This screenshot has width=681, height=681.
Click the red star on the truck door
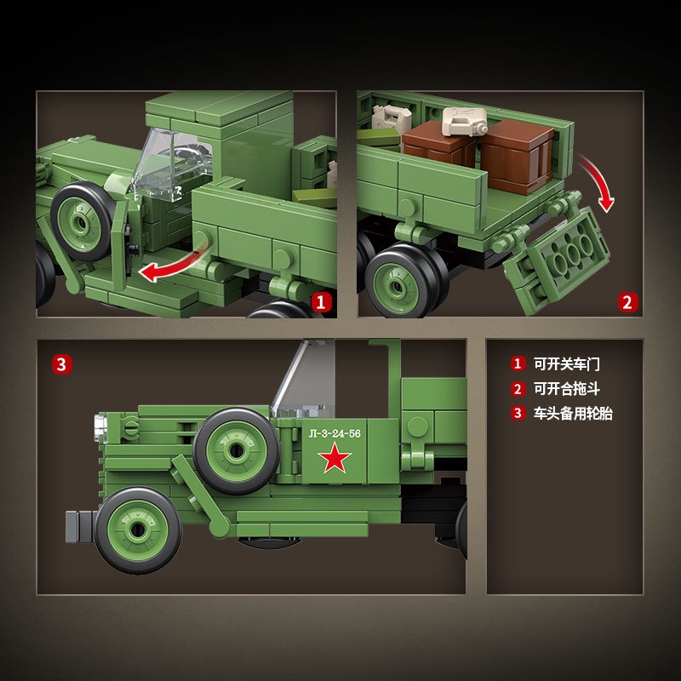pyautogui.click(x=335, y=461)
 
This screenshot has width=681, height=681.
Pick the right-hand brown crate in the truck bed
pyautogui.click(x=518, y=153)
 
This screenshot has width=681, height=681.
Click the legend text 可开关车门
pyautogui.click(x=566, y=363)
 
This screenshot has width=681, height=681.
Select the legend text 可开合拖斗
pyautogui.click(x=566, y=389)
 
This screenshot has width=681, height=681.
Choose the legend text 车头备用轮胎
pyautogui.click(x=572, y=414)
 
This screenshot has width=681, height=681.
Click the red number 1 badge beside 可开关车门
pyautogui.click(x=518, y=363)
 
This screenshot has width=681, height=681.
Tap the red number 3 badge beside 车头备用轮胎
pyautogui.click(x=518, y=414)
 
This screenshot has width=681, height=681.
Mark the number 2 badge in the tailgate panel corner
pyautogui.click(x=627, y=301)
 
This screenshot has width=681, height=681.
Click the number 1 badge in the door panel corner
pyautogui.click(x=321, y=301)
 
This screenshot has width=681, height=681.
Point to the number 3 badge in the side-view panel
pyautogui.click(x=61, y=364)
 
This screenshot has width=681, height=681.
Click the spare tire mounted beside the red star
pyautogui.click(x=236, y=450)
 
